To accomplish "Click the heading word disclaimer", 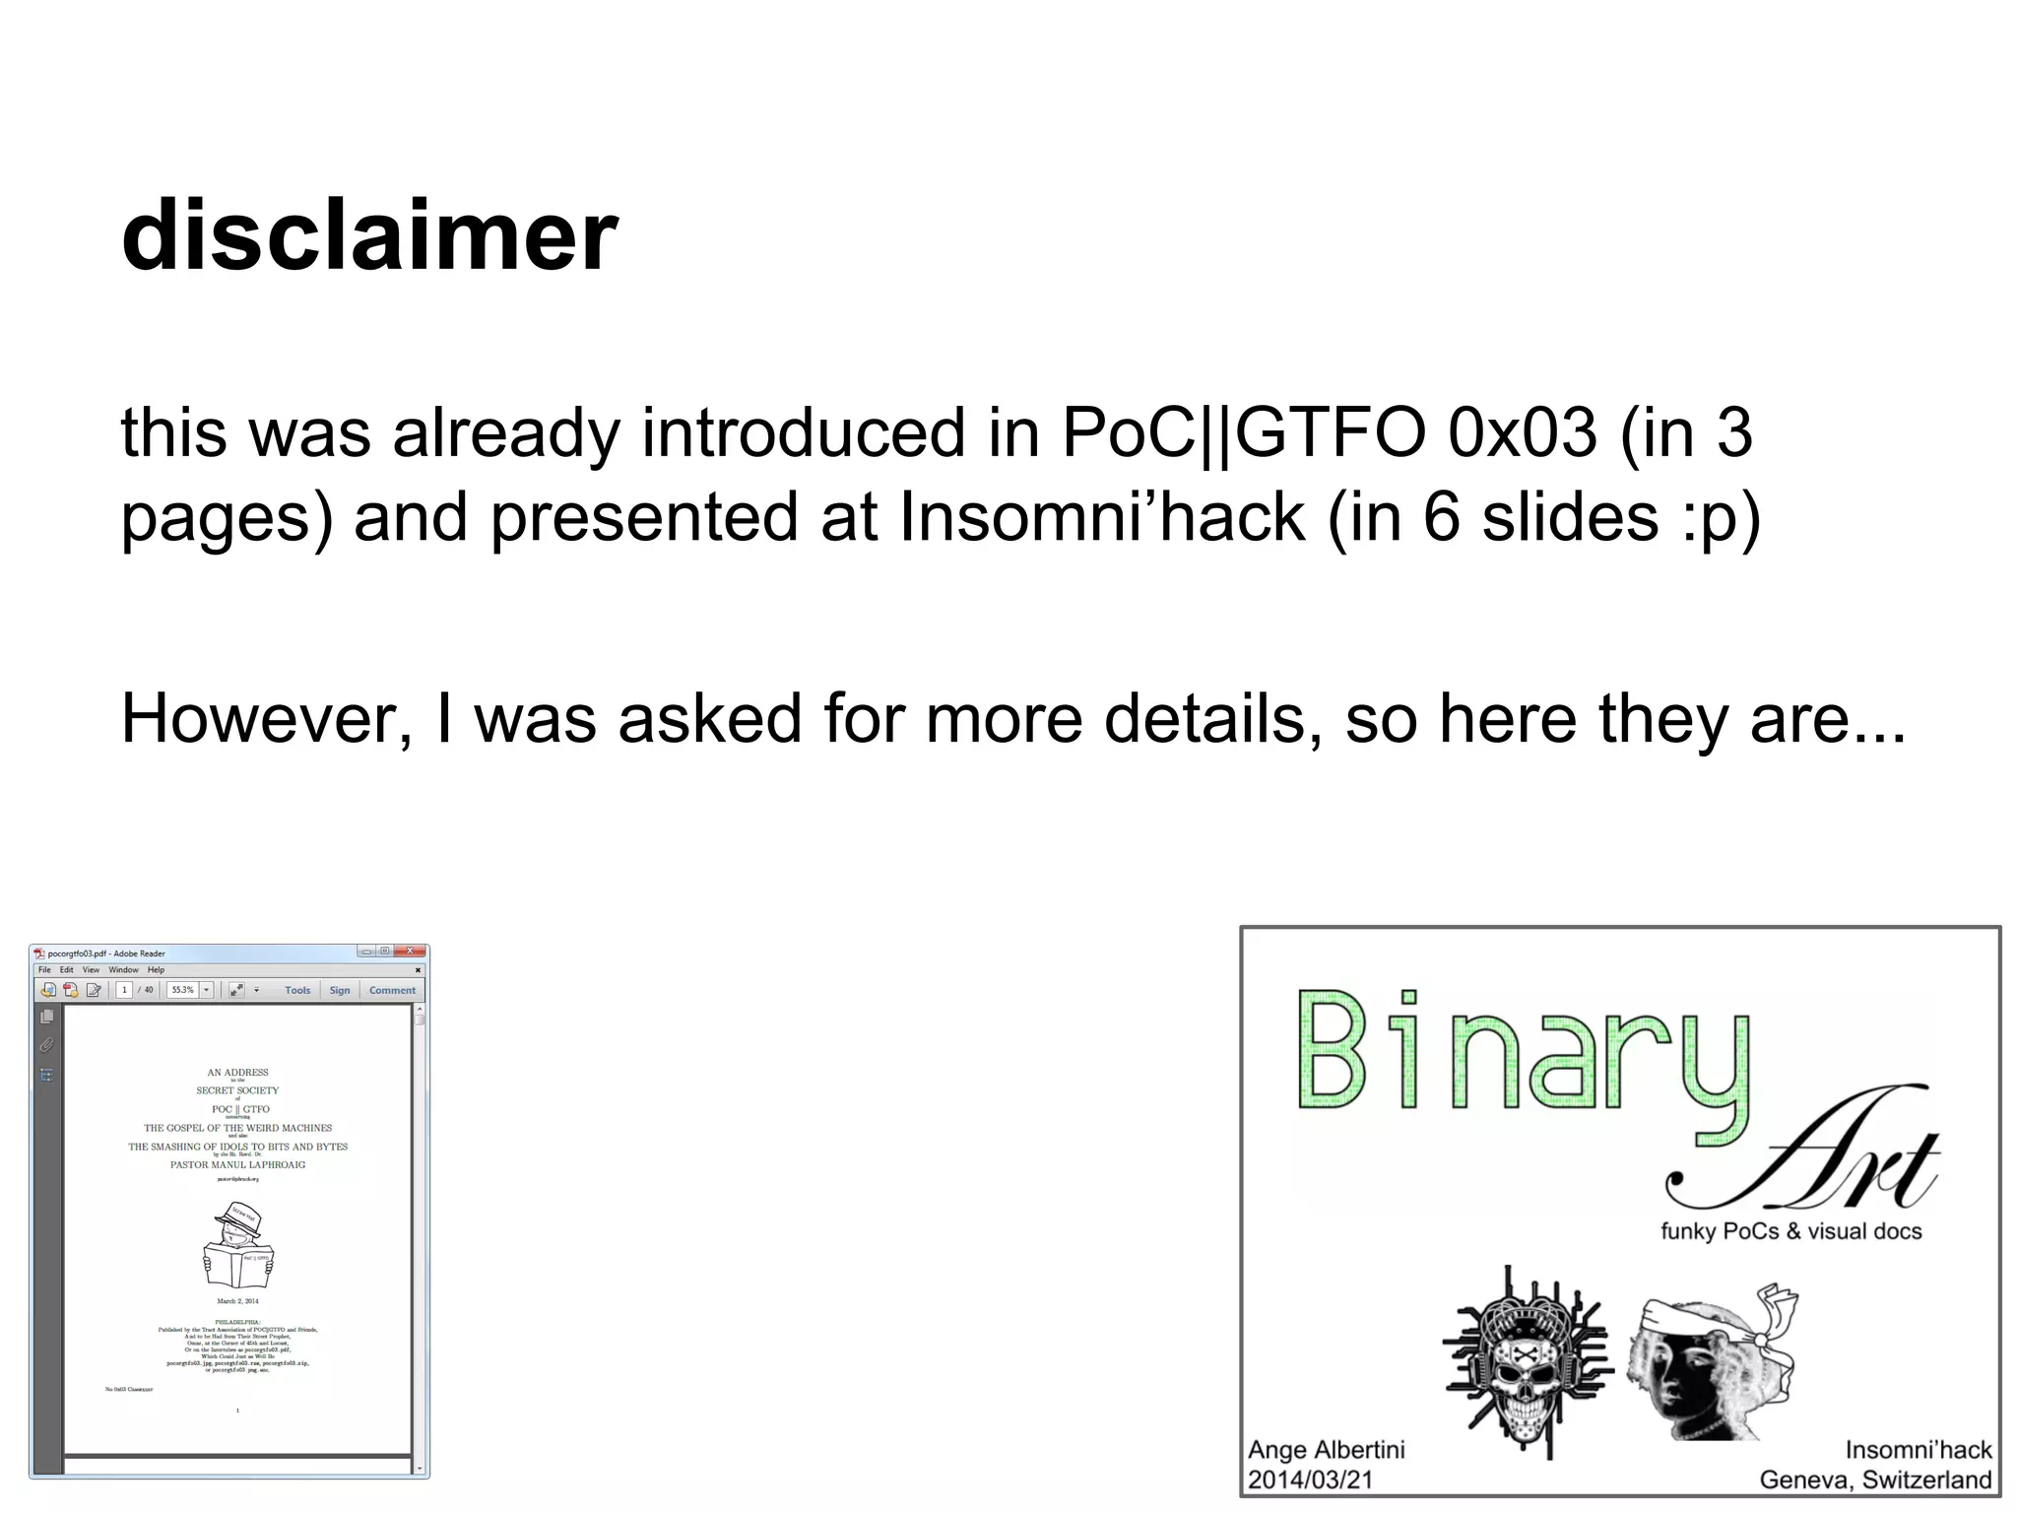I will click(x=369, y=236).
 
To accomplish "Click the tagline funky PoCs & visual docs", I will click(x=1790, y=1231).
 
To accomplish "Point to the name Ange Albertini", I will click(x=1326, y=1450).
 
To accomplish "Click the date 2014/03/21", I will click(x=1310, y=1480).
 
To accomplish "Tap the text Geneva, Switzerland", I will click(x=1875, y=1480).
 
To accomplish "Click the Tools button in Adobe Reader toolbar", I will click(x=297, y=990).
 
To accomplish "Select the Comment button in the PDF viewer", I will click(x=392, y=990).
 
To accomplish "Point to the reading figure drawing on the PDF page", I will click(x=238, y=1246).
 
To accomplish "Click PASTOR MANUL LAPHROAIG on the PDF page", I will click(x=237, y=1164).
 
